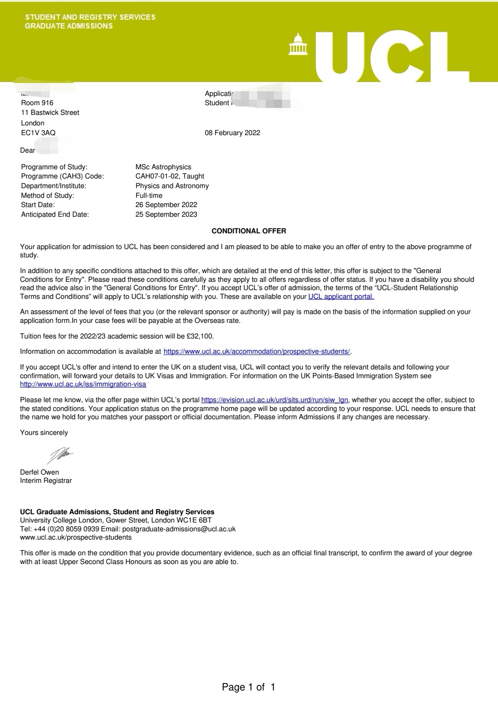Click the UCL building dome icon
coord(298,44)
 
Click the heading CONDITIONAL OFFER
coord(249,231)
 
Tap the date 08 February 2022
coord(232,133)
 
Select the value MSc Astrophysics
coord(163,167)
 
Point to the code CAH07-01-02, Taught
coord(170,176)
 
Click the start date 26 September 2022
coord(166,205)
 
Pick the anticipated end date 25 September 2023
coord(166,214)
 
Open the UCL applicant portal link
coord(341,297)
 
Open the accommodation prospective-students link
coord(257,351)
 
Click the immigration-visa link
coord(83,384)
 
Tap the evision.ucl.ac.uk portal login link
coord(275,400)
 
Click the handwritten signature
coord(60,455)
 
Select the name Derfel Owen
coord(40,472)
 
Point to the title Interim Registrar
coord(46,481)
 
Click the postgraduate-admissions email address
coord(179,529)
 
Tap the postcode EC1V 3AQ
coord(38,133)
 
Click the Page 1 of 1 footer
coord(249,687)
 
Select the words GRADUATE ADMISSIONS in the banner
coord(69,26)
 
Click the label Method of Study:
coord(47,196)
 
